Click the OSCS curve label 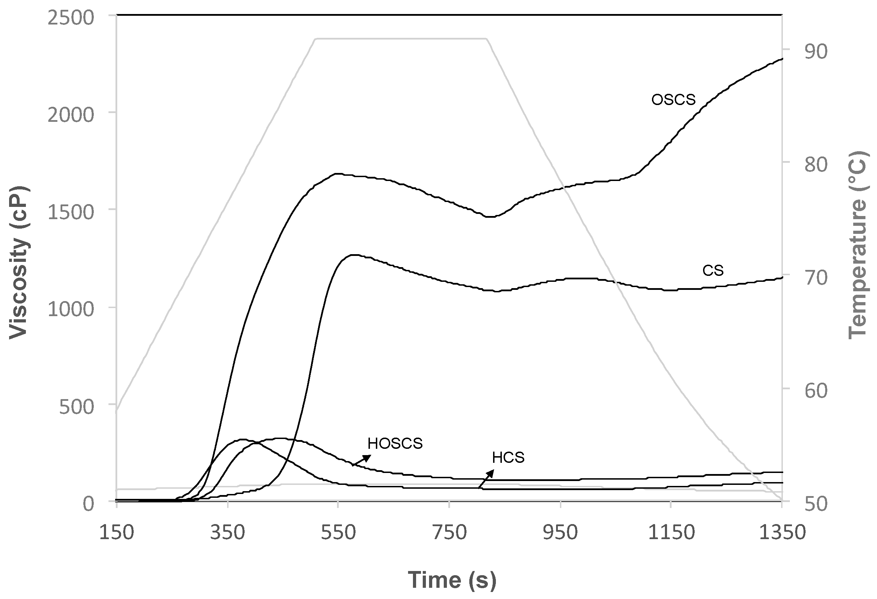point(673,100)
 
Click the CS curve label point(713,271)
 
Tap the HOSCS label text point(395,444)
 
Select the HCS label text point(508,458)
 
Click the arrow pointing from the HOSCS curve point(362,460)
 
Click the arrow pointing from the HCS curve point(486,479)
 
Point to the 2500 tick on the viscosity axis point(71,18)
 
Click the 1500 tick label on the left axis point(71,213)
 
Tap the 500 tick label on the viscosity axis point(76,407)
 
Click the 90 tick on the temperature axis point(815,52)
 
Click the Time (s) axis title point(452,580)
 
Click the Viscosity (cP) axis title point(19,262)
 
